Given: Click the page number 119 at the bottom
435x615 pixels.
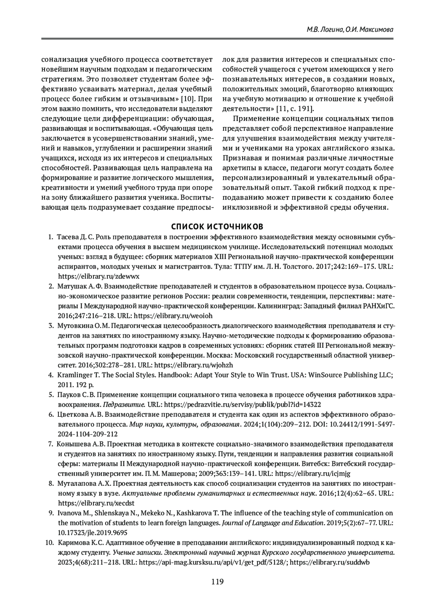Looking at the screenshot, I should click(x=217, y=582).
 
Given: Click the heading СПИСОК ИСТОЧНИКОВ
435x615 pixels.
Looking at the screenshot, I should click(x=217, y=227).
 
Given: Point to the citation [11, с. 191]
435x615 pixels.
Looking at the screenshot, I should click(x=295, y=109).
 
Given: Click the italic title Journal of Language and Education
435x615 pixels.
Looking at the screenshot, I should click(x=272, y=523).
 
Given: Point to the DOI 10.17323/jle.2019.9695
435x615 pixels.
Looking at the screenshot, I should click(x=92, y=533).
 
